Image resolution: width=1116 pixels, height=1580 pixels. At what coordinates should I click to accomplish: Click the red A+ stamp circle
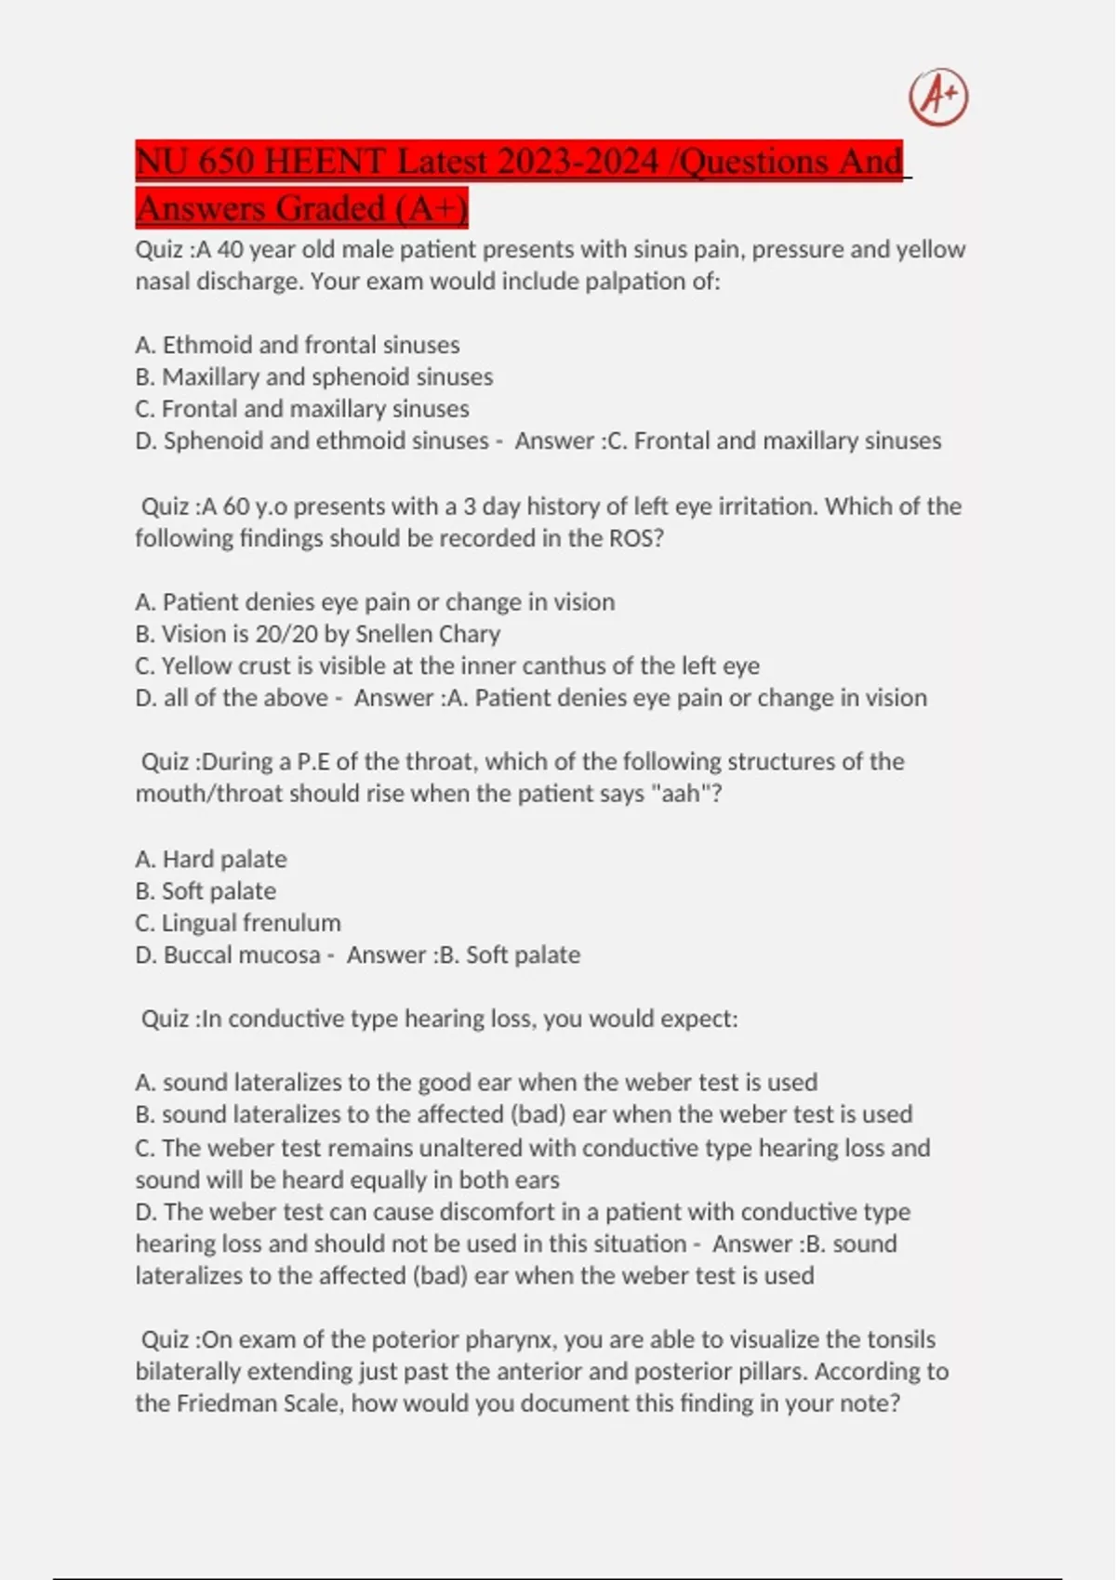tap(938, 97)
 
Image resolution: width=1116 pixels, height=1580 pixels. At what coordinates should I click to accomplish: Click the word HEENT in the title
tap(325, 162)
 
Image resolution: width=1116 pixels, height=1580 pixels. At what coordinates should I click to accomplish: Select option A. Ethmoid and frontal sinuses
tap(298, 345)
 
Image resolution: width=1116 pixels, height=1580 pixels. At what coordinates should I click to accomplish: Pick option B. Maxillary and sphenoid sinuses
tap(314, 376)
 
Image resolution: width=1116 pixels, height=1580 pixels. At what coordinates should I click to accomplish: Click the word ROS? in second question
tap(636, 538)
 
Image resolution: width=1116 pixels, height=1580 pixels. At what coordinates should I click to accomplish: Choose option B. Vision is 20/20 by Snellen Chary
tap(318, 634)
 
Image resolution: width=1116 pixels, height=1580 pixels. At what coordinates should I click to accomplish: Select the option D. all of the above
tap(232, 697)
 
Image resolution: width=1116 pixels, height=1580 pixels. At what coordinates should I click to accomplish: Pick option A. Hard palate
tap(211, 859)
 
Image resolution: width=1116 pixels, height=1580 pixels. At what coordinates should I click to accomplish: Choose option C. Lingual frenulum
tap(238, 922)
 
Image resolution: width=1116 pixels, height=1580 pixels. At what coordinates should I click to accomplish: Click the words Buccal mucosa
tap(242, 955)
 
